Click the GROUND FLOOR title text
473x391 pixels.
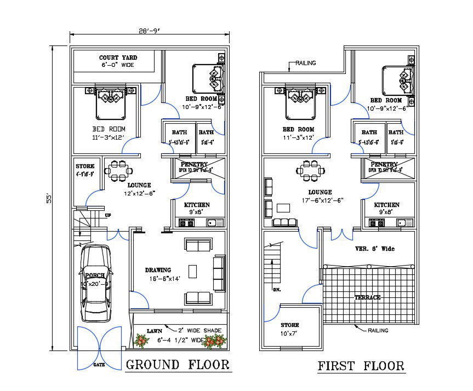coord(178,365)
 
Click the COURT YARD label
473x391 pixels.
coord(118,58)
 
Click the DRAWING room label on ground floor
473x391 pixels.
coord(158,270)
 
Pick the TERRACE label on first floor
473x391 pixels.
coord(367,297)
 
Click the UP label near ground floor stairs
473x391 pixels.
coord(108,215)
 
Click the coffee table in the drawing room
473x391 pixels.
coord(193,271)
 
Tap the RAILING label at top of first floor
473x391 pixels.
coord(306,63)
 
